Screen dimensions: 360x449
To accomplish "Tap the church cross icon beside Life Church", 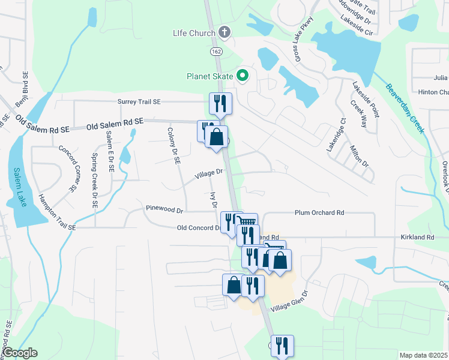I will pyautogui.click(x=224, y=31).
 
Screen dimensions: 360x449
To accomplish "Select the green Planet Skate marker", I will pyautogui.click(x=243, y=76).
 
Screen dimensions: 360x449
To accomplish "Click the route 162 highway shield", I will pyautogui.click(x=217, y=52).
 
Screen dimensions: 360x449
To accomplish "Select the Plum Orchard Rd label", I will pyautogui.click(x=319, y=212).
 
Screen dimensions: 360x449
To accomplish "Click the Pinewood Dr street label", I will pyautogui.click(x=164, y=210).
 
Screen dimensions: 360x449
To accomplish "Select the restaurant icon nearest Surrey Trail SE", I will pyautogui.click(x=220, y=104).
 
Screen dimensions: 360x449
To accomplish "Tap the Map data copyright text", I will pyautogui.click(x=423, y=355).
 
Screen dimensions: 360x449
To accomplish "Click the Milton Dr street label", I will pyautogui.click(x=358, y=155).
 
